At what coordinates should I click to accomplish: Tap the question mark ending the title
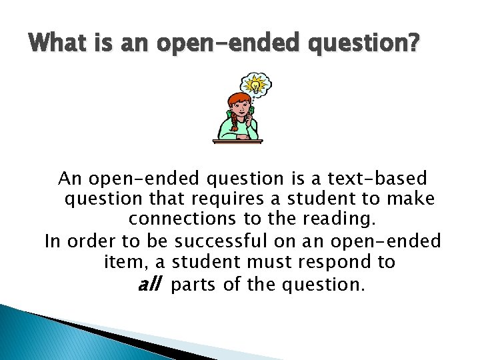[413, 45]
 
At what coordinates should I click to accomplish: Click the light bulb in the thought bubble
[256, 85]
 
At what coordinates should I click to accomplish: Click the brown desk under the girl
[237, 140]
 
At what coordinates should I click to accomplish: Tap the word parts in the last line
[195, 285]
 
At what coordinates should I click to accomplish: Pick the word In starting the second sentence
[52, 240]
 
